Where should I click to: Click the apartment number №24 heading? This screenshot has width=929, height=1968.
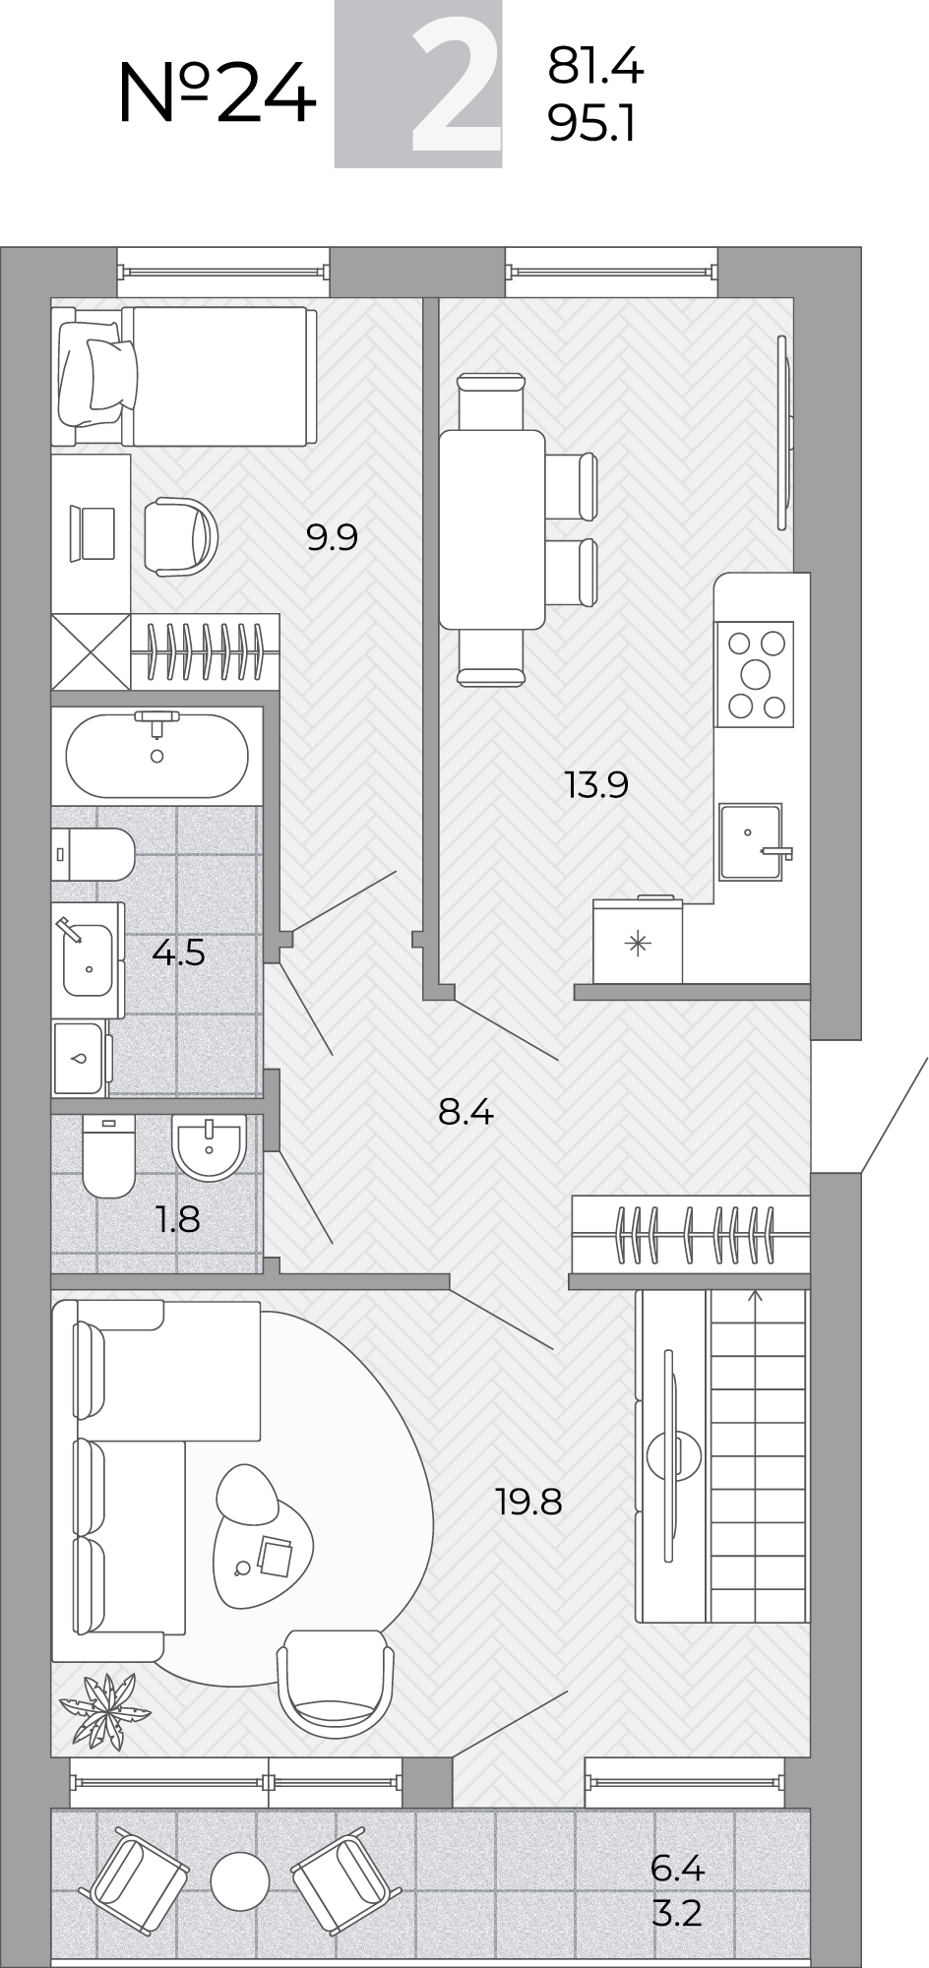point(217,92)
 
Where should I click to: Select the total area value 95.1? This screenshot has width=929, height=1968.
point(592,124)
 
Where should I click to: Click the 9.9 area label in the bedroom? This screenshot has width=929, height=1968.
point(332,537)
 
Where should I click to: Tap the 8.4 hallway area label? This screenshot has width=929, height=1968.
point(465,1113)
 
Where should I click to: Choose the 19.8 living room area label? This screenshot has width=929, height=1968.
point(528,1503)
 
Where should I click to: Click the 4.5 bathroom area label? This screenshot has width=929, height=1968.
point(178,953)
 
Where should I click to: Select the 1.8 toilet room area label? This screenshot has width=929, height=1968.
point(177,1219)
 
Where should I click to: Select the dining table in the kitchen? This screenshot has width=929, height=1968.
point(492,529)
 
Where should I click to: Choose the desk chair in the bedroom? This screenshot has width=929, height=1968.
point(182,537)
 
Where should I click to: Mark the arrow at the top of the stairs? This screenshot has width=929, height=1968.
point(755,1295)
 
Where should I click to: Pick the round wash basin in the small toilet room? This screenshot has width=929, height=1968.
point(209,1146)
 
